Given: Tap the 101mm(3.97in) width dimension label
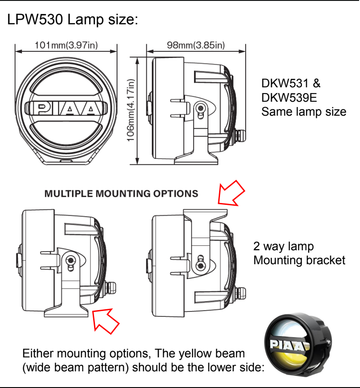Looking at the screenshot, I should tap(67, 45).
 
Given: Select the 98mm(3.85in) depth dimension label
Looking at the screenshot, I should tap(196, 45).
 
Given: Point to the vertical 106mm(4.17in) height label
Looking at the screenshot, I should tap(131, 110).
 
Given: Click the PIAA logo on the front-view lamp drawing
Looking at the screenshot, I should tap(67, 108).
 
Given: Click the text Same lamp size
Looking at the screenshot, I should tap(304, 111).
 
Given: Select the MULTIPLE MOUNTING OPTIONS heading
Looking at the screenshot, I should tap(121, 194).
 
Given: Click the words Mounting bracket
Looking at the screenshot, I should tap(299, 260).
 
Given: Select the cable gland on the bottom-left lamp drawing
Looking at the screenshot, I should tap(109, 287).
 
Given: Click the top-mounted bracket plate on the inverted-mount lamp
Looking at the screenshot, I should tap(204, 210).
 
